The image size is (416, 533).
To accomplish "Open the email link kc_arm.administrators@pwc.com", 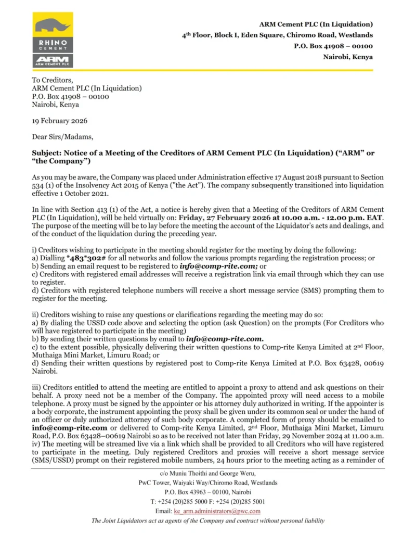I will tap(226, 511).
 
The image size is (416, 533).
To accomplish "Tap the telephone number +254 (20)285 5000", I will tap(184, 502).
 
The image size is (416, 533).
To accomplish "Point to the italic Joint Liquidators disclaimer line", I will tap(208, 521).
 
